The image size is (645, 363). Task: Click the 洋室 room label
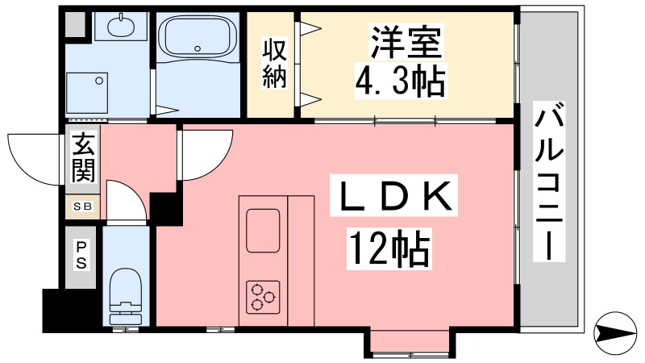(406, 42)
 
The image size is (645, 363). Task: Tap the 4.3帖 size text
(400, 81)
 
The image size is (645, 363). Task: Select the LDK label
(393, 196)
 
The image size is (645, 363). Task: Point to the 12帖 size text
(389, 248)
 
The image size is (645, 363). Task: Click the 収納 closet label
(274, 63)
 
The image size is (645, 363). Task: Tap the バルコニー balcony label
(549, 181)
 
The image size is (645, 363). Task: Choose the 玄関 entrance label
(84, 157)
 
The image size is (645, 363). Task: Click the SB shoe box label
(83, 207)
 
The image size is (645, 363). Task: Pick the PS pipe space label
(81, 255)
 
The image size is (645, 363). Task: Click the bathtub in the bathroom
(198, 37)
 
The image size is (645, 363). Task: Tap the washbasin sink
(120, 27)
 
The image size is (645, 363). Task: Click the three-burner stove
(263, 297)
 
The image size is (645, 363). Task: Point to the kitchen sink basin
(263, 231)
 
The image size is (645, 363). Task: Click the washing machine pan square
(87, 93)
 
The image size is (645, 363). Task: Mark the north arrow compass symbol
(615, 332)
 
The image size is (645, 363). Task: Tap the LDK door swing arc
(218, 165)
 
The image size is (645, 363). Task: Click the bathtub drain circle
(198, 48)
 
